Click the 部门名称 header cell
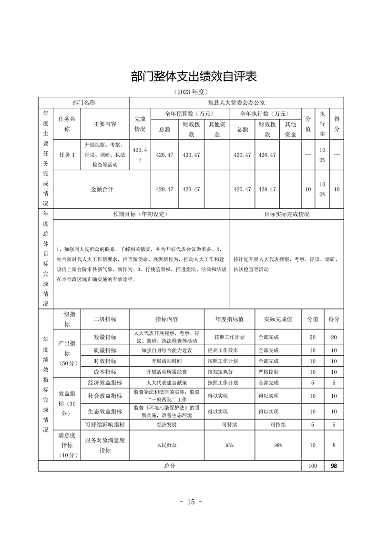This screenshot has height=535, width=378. point(84,103)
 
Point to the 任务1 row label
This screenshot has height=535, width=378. point(67,155)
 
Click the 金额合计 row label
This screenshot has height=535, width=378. point(102,189)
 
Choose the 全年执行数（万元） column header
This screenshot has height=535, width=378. point(265,113)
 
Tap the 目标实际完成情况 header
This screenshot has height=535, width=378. point(286,214)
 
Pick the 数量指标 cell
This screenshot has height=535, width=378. point(105,337)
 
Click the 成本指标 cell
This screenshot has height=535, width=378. point(105,371)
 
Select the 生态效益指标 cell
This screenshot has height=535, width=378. point(105,411)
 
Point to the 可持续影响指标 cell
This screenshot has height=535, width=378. point(105,424)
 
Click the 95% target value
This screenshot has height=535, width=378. point(229,445)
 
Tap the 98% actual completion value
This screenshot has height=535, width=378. point(278,445)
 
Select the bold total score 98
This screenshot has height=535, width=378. point(334,466)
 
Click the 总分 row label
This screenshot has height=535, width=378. point(170,466)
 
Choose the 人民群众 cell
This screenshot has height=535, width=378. point(166,445)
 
